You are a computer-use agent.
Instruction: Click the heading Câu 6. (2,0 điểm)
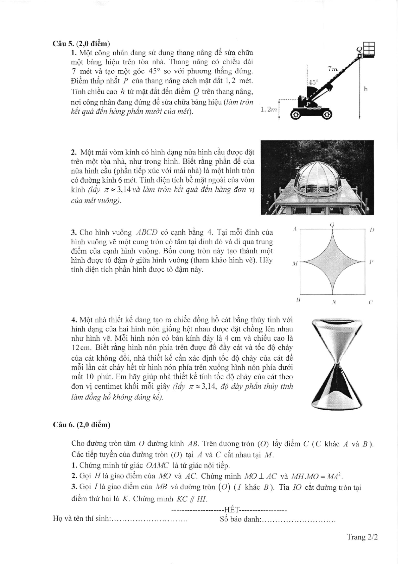(x=81, y=425)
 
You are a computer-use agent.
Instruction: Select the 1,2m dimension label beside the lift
(x=268, y=110)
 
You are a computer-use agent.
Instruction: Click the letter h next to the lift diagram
(x=366, y=89)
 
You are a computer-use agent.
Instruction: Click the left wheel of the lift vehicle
(x=295, y=115)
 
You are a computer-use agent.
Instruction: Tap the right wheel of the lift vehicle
(x=328, y=115)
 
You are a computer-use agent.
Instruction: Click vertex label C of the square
(x=370, y=302)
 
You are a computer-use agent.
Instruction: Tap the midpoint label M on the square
(x=295, y=264)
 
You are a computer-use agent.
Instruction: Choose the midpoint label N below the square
(x=334, y=302)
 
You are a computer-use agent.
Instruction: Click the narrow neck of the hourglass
(x=337, y=364)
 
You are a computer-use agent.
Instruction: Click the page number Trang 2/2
(x=362, y=537)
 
